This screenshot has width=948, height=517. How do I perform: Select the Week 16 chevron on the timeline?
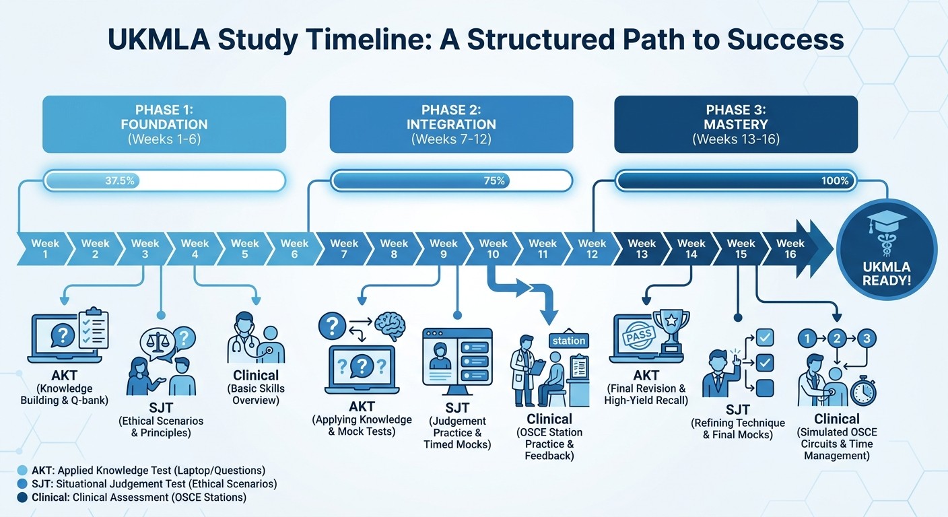[x=790, y=248]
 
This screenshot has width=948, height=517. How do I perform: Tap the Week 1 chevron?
[x=45, y=248]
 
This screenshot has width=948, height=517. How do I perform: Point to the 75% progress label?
[x=494, y=180]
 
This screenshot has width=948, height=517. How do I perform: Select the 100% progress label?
[x=835, y=180]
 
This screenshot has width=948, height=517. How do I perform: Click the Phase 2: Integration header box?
[x=450, y=124]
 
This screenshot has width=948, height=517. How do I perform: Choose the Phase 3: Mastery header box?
[x=735, y=124]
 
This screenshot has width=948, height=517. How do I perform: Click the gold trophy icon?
[x=671, y=331]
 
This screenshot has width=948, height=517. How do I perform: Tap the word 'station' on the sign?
[x=568, y=341]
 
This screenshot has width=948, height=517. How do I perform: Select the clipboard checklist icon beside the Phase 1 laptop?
[x=93, y=329]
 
